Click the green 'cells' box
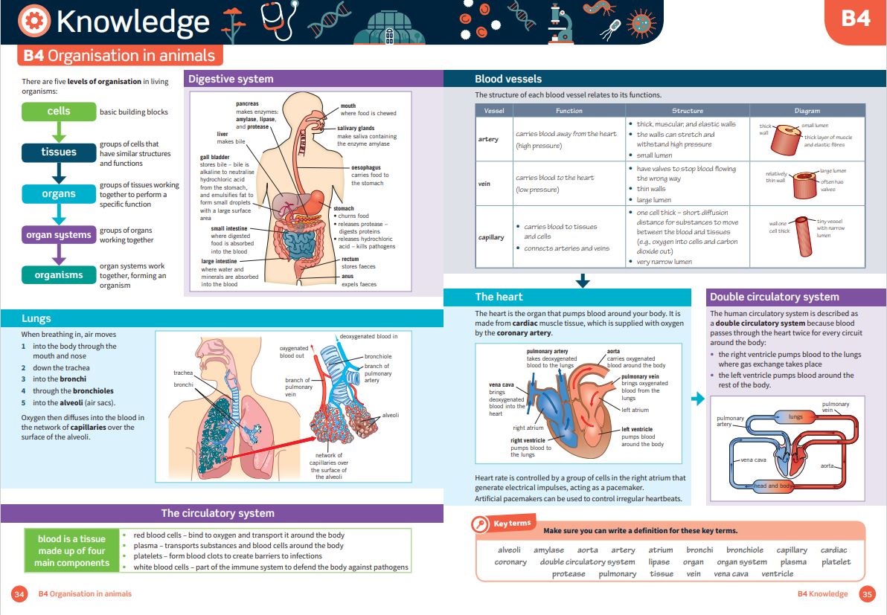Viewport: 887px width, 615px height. (x=59, y=112)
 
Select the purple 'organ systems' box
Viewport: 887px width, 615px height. (x=59, y=234)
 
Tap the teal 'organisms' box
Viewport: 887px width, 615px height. (x=59, y=274)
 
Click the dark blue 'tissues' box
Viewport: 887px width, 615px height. (x=59, y=152)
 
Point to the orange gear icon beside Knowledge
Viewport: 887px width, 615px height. (x=34, y=21)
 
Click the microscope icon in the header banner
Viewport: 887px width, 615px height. (x=560, y=24)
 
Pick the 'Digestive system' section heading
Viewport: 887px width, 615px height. (x=231, y=79)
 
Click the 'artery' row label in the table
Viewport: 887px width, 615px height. (x=488, y=139)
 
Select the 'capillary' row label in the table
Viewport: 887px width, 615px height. (x=491, y=237)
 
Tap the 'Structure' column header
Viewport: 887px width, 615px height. (x=688, y=111)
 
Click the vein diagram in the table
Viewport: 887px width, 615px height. (x=804, y=184)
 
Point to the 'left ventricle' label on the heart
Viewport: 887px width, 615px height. (x=637, y=429)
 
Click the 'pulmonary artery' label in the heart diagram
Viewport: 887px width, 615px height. (x=547, y=351)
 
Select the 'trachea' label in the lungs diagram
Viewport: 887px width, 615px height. (x=183, y=373)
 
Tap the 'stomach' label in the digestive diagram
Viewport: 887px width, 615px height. (x=344, y=208)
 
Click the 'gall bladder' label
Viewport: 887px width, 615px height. (x=215, y=157)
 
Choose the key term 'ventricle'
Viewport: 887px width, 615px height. (x=778, y=574)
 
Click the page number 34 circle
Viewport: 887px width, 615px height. (x=19, y=594)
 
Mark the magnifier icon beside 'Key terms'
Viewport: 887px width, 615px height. (x=480, y=524)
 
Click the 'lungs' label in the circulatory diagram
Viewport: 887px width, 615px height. (x=795, y=416)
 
